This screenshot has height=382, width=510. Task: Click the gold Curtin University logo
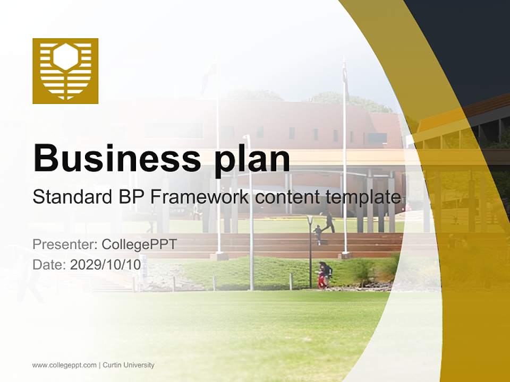point(65,71)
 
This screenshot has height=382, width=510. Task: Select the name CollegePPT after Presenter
point(139,245)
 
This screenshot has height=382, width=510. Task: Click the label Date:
point(49,264)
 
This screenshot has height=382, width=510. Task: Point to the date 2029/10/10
point(106,264)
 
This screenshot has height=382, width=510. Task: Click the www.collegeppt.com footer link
point(64,365)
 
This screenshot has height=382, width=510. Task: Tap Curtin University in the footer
point(129,365)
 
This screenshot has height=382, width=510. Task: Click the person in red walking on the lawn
point(322,276)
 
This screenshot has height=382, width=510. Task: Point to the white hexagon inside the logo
point(66,56)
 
